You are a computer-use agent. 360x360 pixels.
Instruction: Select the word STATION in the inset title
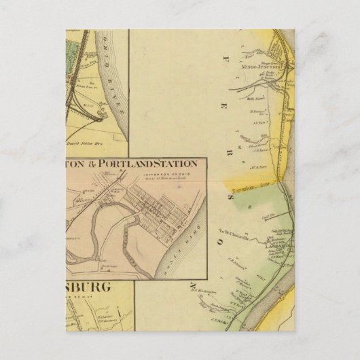[x=177, y=164]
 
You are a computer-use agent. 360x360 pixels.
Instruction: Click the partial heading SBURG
[x=88, y=289]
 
